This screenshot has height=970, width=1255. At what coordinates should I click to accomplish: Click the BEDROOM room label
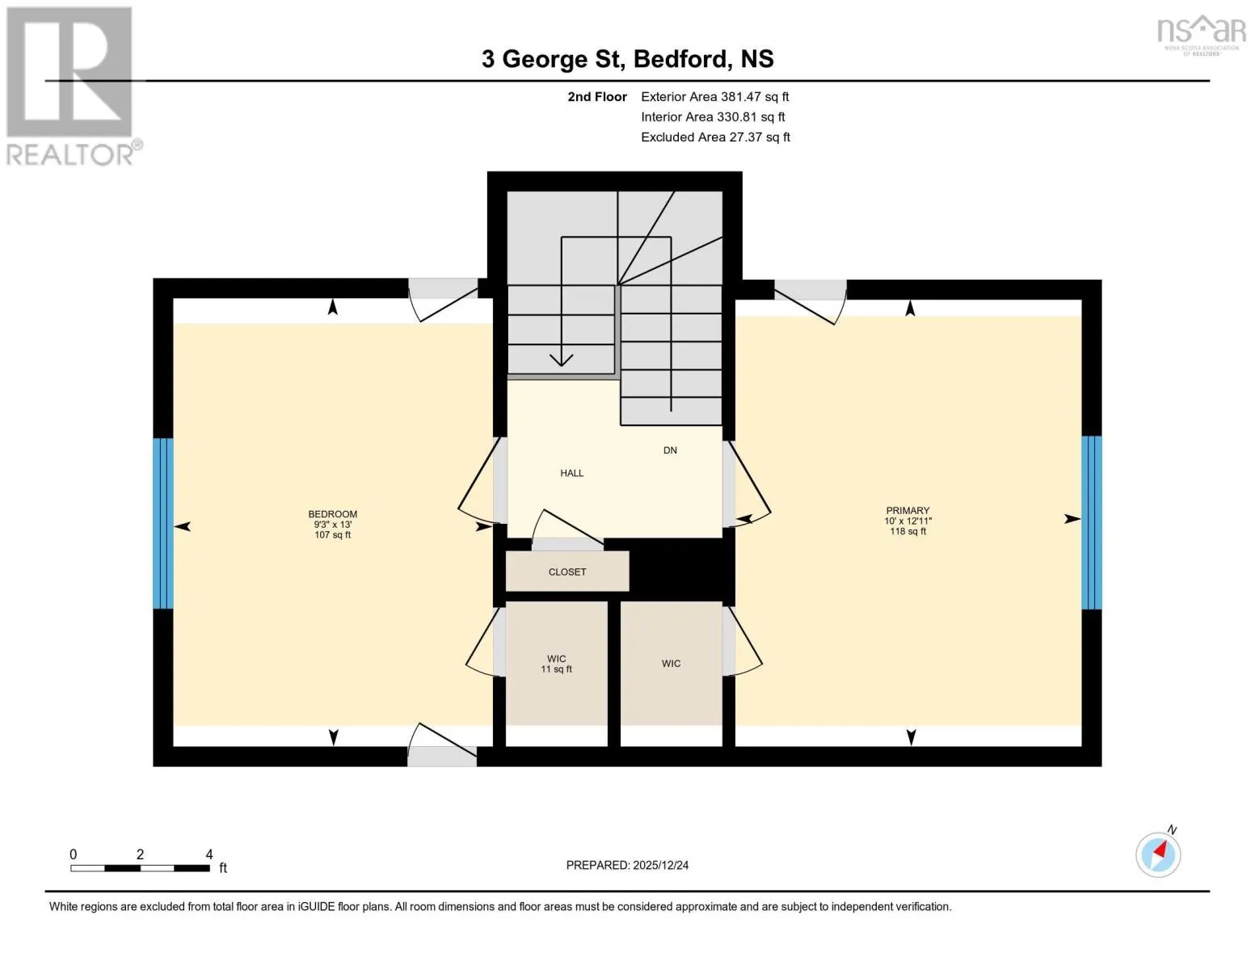pyautogui.click(x=332, y=513)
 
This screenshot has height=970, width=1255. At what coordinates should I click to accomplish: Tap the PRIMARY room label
pyautogui.click(x=908, y=510)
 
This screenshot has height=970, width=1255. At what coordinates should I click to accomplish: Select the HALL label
pyautogui.click(x=572, y=473)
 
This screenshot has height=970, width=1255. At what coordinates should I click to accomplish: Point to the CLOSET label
pyautogui.click(x=567, y=571)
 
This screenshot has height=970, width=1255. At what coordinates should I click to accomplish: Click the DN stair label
pyautogui.click(x=670, y=450)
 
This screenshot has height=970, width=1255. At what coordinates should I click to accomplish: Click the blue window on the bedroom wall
pyautogui.click(x=163, y=524)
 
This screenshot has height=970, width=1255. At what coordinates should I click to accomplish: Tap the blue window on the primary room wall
pyautogui.click(x=1092, y=522)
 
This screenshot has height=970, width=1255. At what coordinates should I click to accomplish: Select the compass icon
pyautogui.click(x=1158, y=854)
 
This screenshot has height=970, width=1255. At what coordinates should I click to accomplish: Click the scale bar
pyautogui.click(x=140, y=868)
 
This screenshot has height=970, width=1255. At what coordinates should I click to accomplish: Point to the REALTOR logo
pyautogui.click(x=72, y=86)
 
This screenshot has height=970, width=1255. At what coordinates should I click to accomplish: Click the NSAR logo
pyautogui.click(x=1202, y=36)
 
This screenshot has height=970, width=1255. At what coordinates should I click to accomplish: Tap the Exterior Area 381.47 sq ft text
pyautogui.click(x=714, y=96)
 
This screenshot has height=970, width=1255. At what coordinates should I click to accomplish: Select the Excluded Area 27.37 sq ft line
pyautogui.click(x=715, y=137)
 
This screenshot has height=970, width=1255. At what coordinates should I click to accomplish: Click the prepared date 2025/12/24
pyautogui.click(x=661, y=865)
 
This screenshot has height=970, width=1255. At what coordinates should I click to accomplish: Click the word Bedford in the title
pyautogui.click(x=680, y=59)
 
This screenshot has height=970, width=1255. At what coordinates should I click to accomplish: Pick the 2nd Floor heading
pyautogui.click(x=597, y=96)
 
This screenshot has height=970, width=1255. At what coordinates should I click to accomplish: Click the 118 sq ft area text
pyautogui.click(x=908, y=531)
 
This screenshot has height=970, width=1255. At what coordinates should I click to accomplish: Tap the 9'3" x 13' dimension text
pyautogui.click(x=333, y=525)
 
